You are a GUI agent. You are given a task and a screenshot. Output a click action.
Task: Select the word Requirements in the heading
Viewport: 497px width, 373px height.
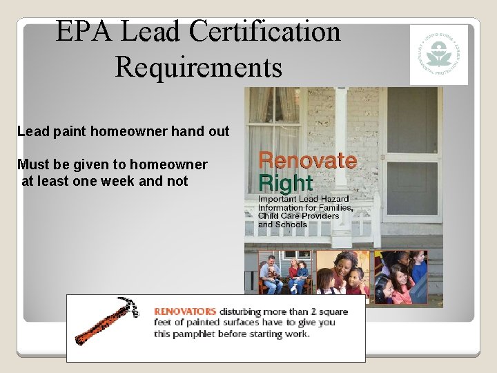click(199, 67)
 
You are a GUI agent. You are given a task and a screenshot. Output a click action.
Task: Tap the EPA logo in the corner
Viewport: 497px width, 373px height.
click(438, 55)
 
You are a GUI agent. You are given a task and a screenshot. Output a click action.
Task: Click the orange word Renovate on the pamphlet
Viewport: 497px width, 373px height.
click(307, 161)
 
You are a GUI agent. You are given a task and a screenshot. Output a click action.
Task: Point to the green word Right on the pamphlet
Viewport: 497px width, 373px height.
click(285, 183)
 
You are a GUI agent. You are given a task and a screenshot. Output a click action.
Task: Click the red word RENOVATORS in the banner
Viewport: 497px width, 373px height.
click(185, 312)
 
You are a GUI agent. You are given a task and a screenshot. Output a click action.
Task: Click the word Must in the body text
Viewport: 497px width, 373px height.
click(32, 164)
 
